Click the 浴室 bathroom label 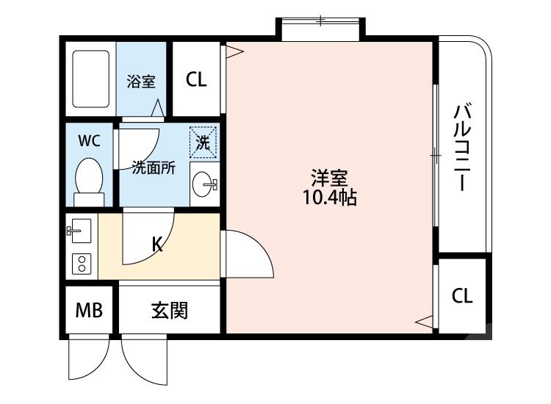click(x=140, y=81)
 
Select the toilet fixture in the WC click(x=90, y=180)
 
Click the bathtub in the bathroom click(x=90, y=79)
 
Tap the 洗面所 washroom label click(x=154, y=168)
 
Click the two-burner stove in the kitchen click(x=80, y=264)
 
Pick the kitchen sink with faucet click(x=79, y=233)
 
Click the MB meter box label click(x=89, y=311)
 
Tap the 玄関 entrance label click(x=170, y=311)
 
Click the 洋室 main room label click(x=329, y=178)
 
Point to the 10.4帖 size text click(x=330, y=198)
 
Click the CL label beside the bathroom click(x=196, y=79)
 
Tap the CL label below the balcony click(x=462, y=296)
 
